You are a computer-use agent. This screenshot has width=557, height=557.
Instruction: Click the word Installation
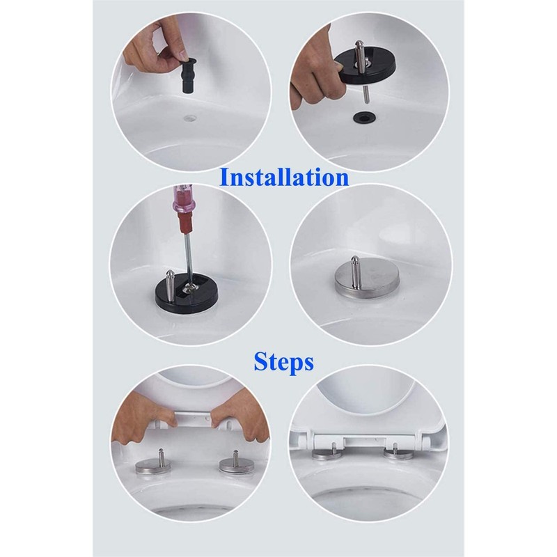[x=283, y=177]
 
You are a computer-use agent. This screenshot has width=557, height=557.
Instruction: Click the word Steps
[x=283, y=362]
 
